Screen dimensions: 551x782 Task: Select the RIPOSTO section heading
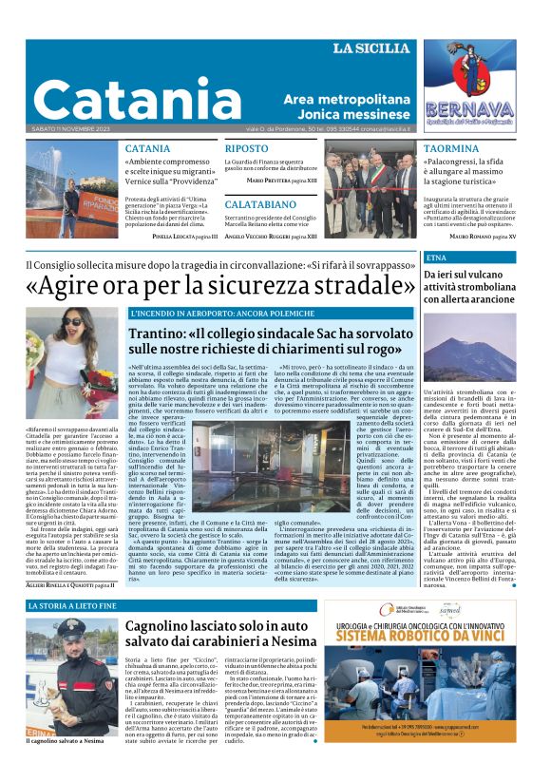coord(246,149)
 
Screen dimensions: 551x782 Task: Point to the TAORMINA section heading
coord(451,149)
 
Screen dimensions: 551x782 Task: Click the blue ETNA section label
coord(437,257)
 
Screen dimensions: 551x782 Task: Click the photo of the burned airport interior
coord(237,458)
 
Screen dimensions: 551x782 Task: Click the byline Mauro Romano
coord(475,235)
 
